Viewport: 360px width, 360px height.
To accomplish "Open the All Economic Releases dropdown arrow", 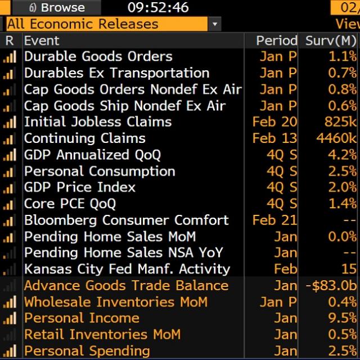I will (214, 24).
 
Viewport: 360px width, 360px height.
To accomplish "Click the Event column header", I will (42, 40).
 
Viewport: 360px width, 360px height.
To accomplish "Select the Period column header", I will (276, 40).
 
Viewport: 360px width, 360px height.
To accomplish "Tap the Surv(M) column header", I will (331, 40).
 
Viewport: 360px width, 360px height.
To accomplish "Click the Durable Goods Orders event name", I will (98, 57).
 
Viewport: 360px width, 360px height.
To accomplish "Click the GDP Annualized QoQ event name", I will (92, 155).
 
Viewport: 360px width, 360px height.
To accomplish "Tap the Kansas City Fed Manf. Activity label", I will (127, 269).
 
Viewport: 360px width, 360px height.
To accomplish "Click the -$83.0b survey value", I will (331, 285).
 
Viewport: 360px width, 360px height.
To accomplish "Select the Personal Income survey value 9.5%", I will (343, 318).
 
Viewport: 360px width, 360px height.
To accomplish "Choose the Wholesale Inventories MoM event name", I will (116, 301).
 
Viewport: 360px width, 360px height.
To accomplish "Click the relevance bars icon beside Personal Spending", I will (10, 351).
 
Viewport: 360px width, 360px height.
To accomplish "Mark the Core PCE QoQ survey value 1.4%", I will (343, 204).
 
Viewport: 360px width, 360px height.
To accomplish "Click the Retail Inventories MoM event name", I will (102, 335).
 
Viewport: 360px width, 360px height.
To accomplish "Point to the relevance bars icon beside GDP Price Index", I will (10, 187).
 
